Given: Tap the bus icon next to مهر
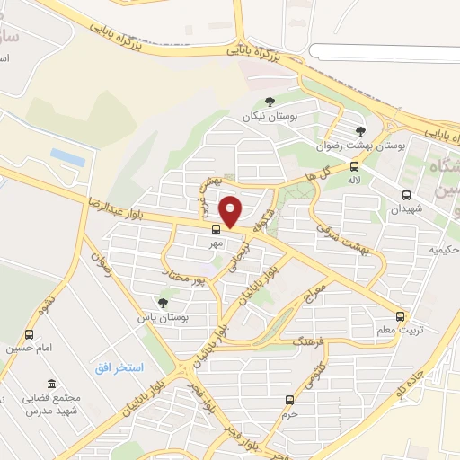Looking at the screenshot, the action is click(214, 229).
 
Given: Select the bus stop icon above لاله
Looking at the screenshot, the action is click(355, 166).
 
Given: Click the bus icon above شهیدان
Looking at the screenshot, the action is click(406, 194).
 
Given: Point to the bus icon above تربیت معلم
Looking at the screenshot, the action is click(401, 316).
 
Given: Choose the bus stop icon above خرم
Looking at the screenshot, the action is click(289, 400).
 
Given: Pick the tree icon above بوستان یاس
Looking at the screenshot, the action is click(163, 303).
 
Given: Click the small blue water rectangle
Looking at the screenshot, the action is click(68, 157).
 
